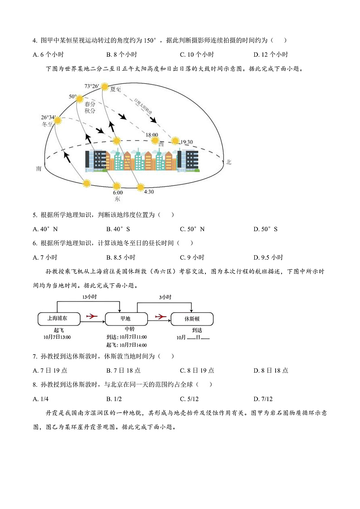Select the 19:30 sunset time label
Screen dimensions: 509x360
click(187, 142)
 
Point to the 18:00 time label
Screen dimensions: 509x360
click(152, 135)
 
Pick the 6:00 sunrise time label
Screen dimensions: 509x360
click(117, 193)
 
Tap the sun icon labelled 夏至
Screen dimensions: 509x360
click(105, 87)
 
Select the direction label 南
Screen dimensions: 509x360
click(39, 169)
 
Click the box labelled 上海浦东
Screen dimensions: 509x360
click(58, 318)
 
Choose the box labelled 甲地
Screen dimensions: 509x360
click(126, 318)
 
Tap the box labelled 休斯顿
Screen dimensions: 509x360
click(192, 319)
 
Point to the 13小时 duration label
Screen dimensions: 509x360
click(89, 297)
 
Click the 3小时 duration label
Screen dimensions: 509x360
click(165, 297)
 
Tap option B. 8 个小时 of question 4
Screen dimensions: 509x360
click(122, 54)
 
